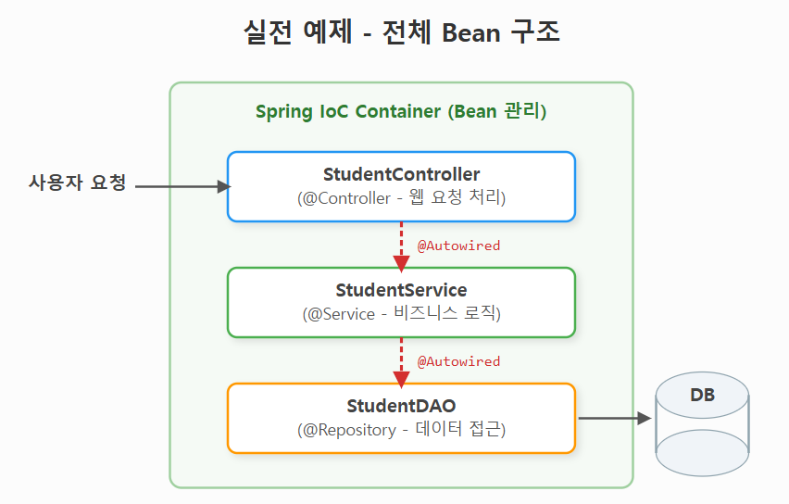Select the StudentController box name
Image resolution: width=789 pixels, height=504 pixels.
click(401, 174)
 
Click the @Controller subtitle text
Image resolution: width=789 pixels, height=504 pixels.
click(401, 197)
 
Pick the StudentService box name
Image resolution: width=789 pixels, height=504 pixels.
click(401, 290)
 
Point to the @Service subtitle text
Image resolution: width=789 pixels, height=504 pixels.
click(401, 313)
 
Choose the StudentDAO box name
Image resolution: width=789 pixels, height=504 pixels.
click(401, 406)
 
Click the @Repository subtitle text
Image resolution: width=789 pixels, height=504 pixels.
click(401, 429)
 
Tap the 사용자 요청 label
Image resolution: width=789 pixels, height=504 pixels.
click(77, 183)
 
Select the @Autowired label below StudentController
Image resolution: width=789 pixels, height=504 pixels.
click(458, 246)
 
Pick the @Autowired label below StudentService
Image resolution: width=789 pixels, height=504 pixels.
click(458, 361)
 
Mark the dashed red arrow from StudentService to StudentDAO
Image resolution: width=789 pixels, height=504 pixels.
click(401, 360)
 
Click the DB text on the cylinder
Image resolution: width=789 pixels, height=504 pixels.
click(702, 396)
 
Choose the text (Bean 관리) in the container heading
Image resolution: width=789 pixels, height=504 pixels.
click(497, 112)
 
